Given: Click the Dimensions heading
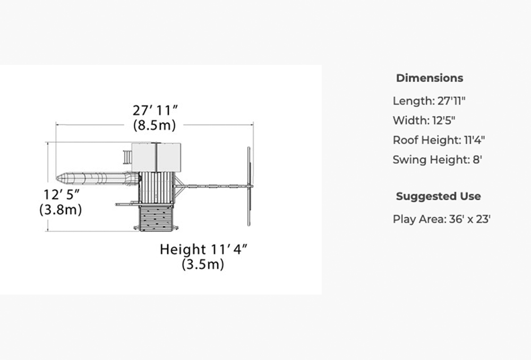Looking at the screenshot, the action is coord(430,78).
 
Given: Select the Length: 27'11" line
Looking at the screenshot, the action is coord(429,101).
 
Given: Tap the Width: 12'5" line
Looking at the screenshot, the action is coord(424,121).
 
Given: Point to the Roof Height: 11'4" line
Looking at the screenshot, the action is coord(439,140).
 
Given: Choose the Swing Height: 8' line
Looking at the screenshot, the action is coord(437,160).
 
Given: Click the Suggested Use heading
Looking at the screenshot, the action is coord(438,196).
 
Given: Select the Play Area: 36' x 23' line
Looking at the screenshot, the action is coord(442,219).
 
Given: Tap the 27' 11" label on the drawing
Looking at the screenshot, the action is coord(155,110).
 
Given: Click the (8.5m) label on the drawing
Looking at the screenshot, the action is coord(155,125).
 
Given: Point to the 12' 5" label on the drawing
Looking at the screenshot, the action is coord(62,195).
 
